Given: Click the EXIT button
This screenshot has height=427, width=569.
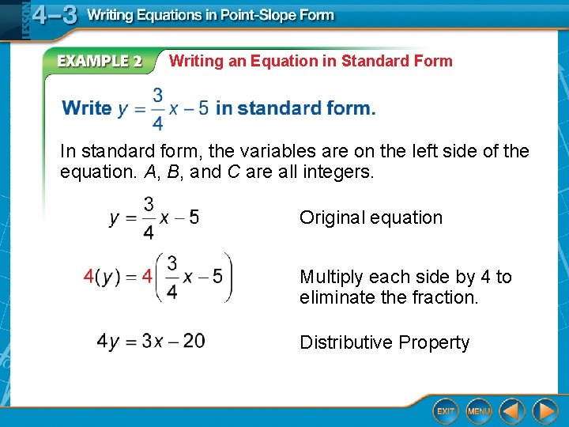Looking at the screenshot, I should point(446,411).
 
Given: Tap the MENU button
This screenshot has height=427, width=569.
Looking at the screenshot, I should point(479,411).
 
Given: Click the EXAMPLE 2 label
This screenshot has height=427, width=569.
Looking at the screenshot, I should point(99,62).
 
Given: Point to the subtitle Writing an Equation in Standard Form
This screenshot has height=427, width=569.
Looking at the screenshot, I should point(311,61).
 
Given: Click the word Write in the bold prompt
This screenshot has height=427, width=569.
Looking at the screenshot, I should point(87,108).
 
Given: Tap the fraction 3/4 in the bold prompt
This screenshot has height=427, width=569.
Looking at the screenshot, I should point(157,108).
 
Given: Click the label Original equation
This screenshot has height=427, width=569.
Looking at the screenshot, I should point(371,217).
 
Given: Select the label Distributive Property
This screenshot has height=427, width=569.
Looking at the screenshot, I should point(384,342).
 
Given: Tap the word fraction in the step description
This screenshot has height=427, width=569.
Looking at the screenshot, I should point(446,298).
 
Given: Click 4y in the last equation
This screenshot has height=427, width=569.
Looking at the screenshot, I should point(107,342).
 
